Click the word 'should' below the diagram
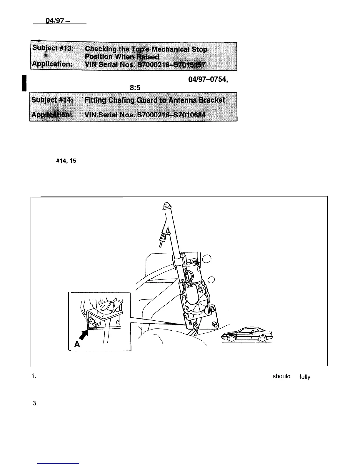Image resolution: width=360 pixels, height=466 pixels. click(281, 376)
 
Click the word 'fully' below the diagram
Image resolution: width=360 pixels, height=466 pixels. click(305, 377)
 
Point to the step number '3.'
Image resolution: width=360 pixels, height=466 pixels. click(35, 404)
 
